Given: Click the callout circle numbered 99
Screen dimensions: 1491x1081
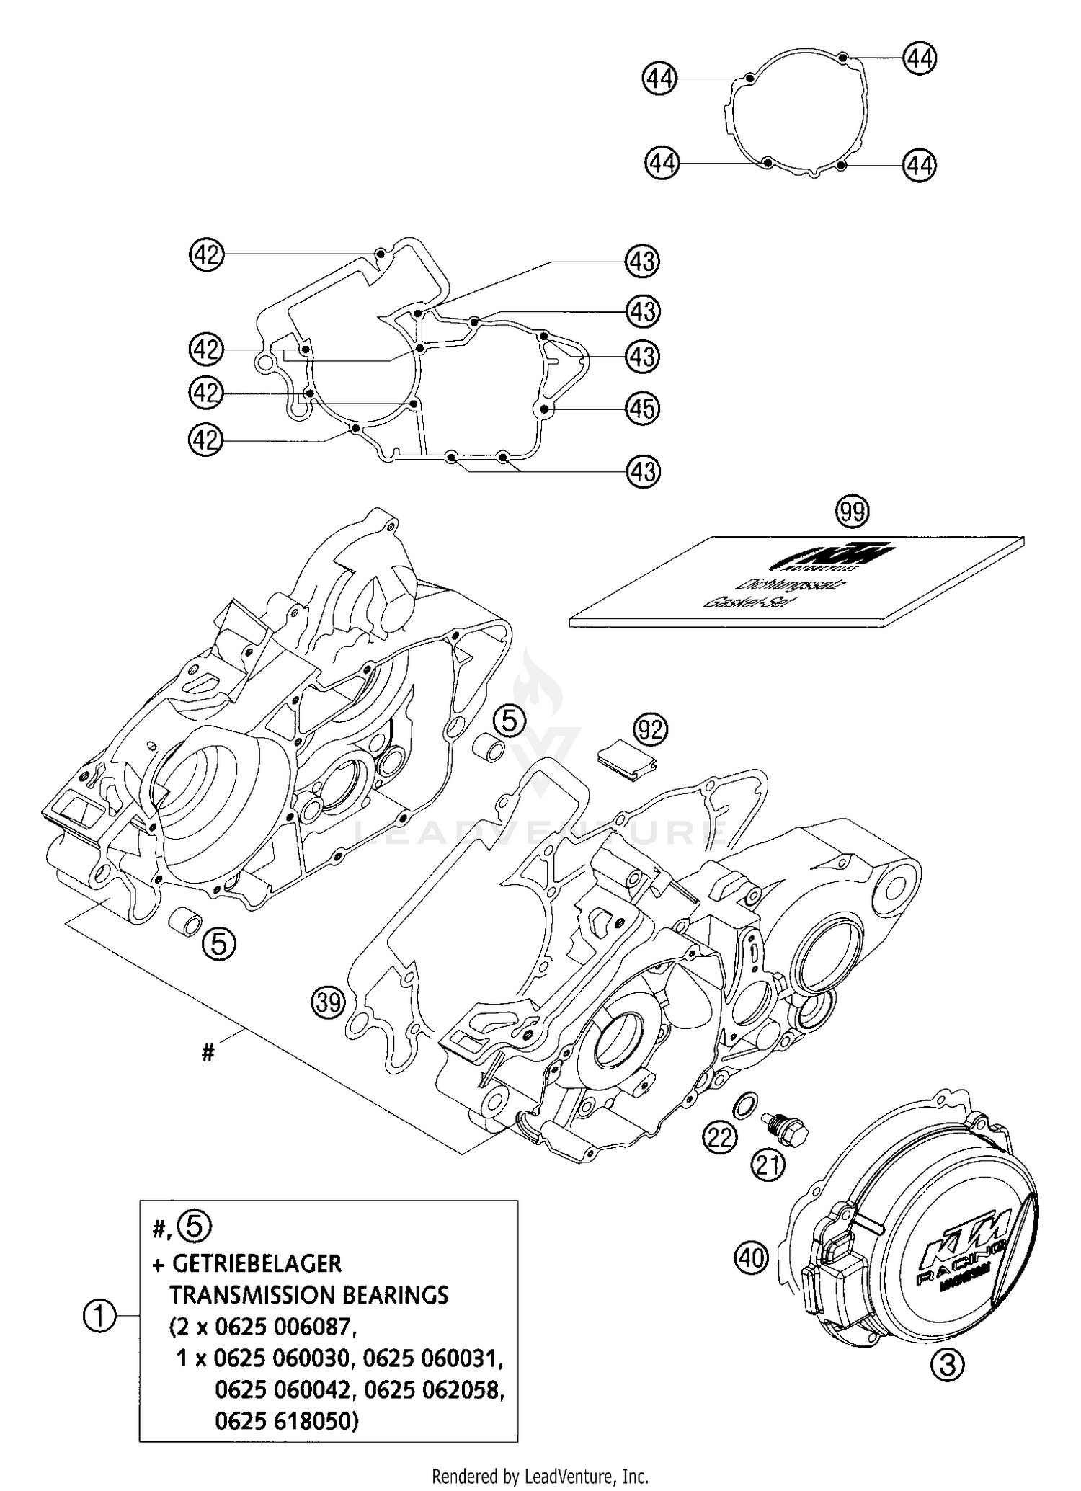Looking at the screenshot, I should point(853,512).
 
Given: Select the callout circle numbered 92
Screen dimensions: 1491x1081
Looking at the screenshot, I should point(650,731).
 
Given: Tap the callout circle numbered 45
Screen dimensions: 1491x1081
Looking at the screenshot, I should point(642,409).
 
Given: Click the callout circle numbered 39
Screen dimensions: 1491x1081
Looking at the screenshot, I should point(329,1003).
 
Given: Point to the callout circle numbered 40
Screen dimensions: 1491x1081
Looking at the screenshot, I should point(752,1258).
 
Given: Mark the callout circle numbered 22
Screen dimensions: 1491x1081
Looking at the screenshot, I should point(720,1137).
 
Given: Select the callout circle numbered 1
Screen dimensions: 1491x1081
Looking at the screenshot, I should point(100,1317).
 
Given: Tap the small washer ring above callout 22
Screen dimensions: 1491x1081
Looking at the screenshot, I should point(744,1103).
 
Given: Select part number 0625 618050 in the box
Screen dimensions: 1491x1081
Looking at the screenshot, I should point(285,1421).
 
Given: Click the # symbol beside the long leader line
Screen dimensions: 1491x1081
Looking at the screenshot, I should point(208,1054).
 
